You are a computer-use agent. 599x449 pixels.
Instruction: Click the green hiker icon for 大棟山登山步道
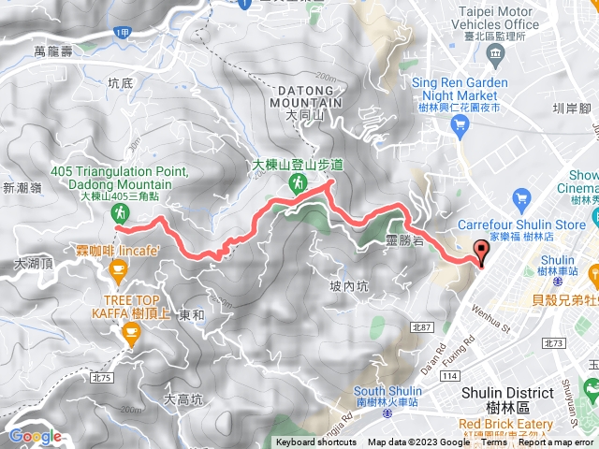(x=298, y=182)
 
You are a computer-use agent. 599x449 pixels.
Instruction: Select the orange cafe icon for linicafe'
(x=118, y=270)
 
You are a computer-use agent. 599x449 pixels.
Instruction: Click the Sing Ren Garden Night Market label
(x=460, y=89)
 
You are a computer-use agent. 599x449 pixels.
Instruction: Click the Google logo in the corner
(x=35, y=436)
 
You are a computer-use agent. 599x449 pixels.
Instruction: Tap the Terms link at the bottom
(x=494, y=442)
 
